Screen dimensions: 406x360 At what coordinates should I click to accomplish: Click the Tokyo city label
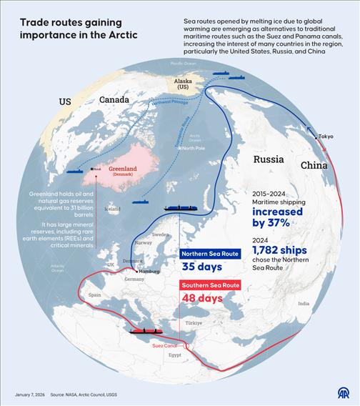pyautogui.click(x=326, y=136)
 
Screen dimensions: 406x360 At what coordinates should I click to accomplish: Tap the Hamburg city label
pyautogui.click(x=149, y=272)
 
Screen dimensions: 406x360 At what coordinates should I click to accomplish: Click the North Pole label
pyautogui.click(x=194, y=148)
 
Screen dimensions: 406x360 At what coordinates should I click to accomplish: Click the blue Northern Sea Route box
pyautogui.click(x=209, y=253)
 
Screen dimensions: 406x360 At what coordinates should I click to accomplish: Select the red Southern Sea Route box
pyautogui.click(x=209, y=285)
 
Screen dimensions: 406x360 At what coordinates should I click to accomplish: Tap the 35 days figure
pyautogui.click(x=201, y=267)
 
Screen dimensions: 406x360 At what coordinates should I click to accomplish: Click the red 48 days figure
pyautogui.click(x=201, y=299)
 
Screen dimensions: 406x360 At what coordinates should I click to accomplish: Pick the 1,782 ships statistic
pyautogui.click(x=280, y=250)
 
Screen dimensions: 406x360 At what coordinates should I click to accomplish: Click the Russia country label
pyautogui.click(x=269, y=159)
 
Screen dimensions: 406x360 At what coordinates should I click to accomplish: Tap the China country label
pyautogui.click(x=314, y=165)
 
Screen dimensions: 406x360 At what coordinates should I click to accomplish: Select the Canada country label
pyautogui.click(x=114, y=100)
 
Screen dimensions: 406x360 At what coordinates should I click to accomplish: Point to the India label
pyautogui.click(x=304, y=303)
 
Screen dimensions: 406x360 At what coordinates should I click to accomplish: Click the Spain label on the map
pyautogui.click(x=94, y=294)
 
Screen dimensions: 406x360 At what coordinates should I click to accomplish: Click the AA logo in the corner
pyautogui.click(x=344, y=393)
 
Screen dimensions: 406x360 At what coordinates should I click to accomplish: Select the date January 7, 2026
pyautogui.click(x=29, y=395)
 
